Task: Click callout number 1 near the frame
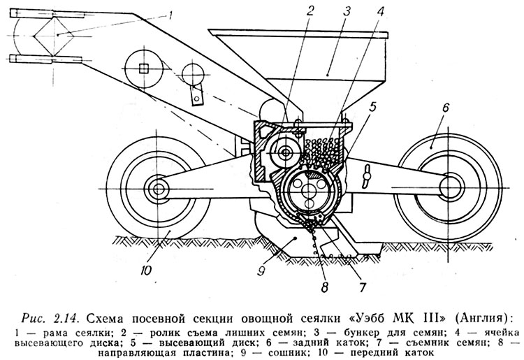170,15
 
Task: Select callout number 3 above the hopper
347,11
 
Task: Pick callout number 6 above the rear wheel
445,108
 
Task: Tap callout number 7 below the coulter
363,287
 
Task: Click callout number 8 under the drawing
324,287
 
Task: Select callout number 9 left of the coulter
261,271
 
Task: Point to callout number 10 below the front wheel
146,270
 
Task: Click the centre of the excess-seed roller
286,152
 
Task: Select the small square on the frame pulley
143,69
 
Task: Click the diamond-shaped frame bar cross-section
54,35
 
